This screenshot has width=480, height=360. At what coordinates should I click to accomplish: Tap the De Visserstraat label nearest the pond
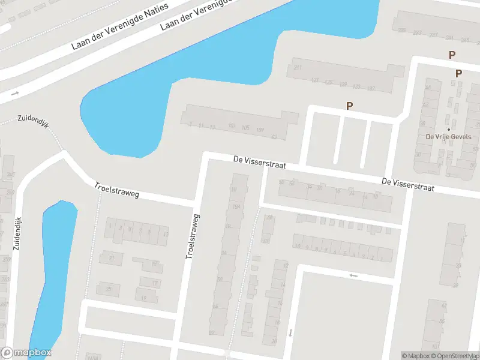(259, 161)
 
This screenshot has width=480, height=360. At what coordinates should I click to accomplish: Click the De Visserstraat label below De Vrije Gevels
(407, 184)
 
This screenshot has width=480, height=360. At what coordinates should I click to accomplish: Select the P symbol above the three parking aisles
(349, 106)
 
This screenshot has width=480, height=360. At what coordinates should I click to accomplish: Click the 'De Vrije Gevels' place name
(448, 137)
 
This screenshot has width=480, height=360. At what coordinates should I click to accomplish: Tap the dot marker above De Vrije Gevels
(448, 128)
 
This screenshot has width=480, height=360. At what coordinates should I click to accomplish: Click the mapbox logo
(26, 353)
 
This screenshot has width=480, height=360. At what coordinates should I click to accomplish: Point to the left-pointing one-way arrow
(353, 275)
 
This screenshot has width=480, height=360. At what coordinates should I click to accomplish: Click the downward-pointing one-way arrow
(290, 332)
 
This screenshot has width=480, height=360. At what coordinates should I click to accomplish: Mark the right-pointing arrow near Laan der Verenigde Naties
(15, 93)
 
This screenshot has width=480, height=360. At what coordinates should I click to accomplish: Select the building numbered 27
(111, 259)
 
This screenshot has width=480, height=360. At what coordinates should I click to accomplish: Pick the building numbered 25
(109, 289)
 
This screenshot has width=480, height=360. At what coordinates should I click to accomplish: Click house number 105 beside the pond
(245, 128)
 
